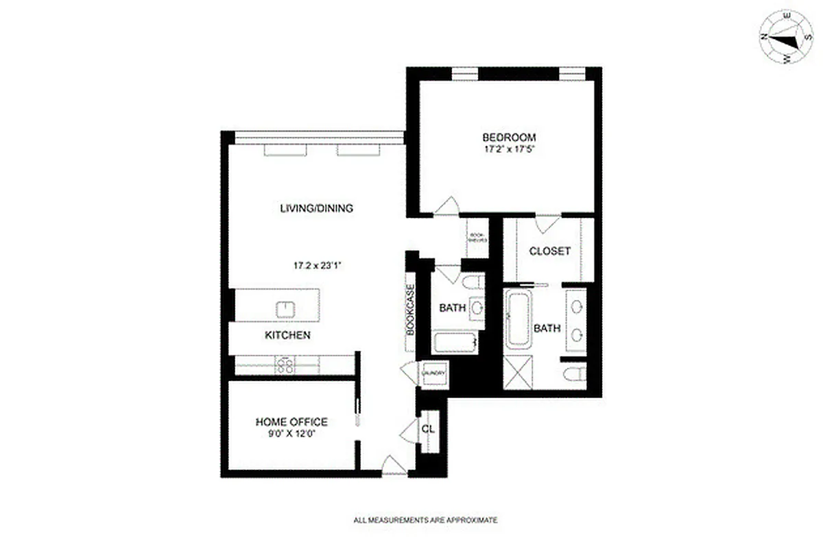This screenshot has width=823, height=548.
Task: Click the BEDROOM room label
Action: point(509,137)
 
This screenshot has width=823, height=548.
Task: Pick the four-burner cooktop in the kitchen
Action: point(285,365)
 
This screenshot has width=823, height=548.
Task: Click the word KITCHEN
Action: point(288,336)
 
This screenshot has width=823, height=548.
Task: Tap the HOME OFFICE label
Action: point(291,422)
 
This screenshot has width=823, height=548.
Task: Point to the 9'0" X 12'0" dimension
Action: point(291,434)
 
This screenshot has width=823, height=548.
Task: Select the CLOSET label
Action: point(549,251)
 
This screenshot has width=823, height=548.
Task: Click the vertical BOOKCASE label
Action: point(411,309)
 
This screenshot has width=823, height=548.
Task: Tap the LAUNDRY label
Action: point(433,373)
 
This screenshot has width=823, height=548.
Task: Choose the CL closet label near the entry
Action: point(429,429)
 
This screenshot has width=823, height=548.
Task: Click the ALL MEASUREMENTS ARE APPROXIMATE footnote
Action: point(425,521)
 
